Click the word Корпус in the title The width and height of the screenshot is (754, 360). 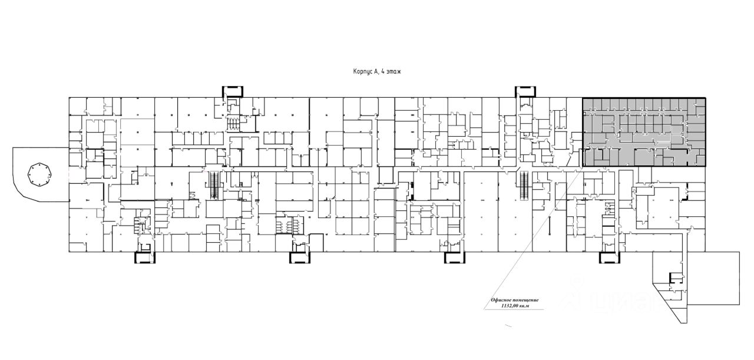[x=358, y=71]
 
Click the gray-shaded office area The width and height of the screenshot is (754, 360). [x=644, y=132]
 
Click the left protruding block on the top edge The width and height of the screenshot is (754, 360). [x=233, y=91]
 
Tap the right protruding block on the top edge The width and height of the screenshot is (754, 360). [x=525, y=91]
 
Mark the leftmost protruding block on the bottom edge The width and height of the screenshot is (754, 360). [x=144, y=257]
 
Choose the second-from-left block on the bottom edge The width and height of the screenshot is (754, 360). [x=300, y=257]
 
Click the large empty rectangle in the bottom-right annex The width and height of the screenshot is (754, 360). [x=713, y=278]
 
